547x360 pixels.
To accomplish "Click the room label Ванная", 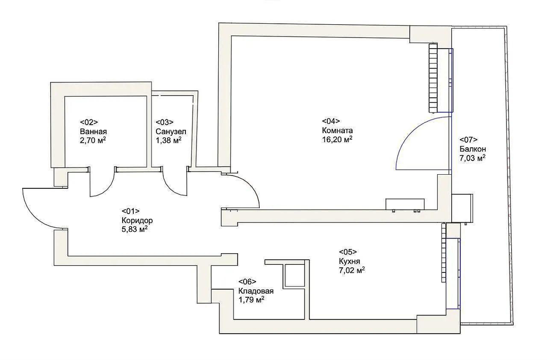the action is (93, 132).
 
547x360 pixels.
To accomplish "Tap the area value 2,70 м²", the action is (93, 140).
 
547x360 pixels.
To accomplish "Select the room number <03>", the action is (164, 122).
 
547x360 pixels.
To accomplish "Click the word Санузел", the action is (171, 132).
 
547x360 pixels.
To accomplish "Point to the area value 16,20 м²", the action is (337, 140).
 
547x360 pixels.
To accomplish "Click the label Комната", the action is (337, 131).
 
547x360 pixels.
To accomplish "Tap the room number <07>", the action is (468, 140).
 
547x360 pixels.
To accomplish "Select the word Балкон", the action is (473, 149).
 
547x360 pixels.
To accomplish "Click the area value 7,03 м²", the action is (473, 158).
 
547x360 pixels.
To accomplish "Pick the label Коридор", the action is (137, 220).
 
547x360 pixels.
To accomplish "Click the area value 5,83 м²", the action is (134, 229).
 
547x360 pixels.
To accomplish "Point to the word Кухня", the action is (349, 261).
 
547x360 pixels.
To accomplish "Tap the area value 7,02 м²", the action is (352, 270).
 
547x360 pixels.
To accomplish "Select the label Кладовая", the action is (256, 291).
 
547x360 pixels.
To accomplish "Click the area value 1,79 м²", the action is (251, 300).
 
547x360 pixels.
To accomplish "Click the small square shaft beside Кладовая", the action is (294, 275).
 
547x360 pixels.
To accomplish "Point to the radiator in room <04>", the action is (433, 78).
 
